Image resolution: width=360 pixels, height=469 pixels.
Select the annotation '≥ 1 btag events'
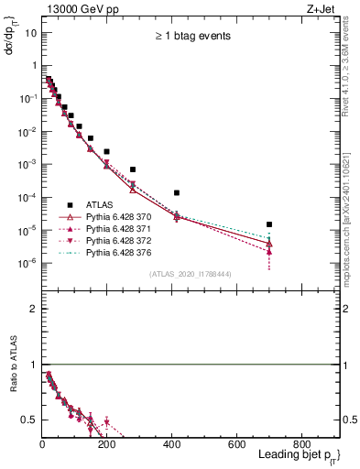(x=191, y=36)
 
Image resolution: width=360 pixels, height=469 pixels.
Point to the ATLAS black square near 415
(x=177, y=192)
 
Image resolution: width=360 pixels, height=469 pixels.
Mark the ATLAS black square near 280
(x=133, y=169)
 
